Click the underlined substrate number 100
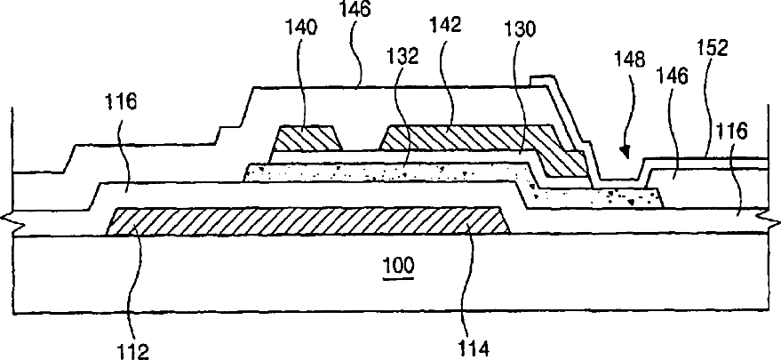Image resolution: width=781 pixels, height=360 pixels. (x=397, y=266)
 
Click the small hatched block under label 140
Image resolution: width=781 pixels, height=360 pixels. (x=308, y=139)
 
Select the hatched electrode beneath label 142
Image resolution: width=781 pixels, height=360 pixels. (x=462, y=137)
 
